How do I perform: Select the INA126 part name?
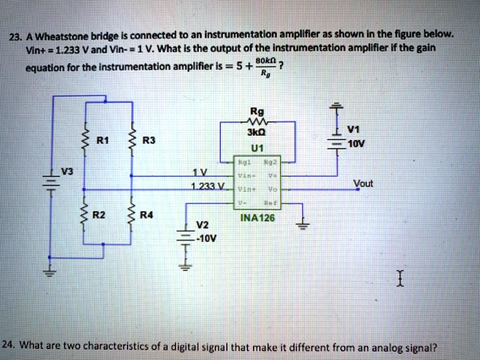(257, 219)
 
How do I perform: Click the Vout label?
(363, 183)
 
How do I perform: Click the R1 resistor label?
(101, 141)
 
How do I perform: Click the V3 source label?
(64, 169)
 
